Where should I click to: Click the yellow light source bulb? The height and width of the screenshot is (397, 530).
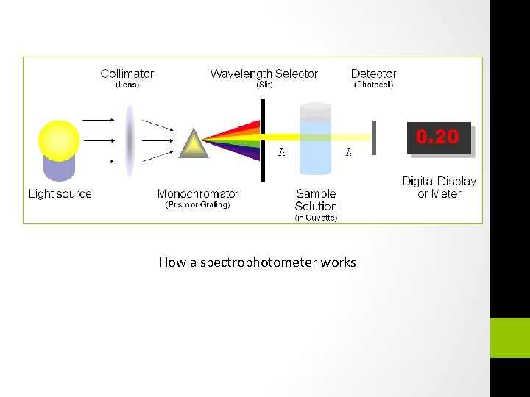click(59, 140)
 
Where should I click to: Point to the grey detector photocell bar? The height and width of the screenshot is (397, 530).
click(373, 137)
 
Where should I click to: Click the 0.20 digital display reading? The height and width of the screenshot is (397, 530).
click(438, 137)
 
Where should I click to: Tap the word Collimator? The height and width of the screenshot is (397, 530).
click(127, 74)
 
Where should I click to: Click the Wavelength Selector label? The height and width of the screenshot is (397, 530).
click(264, 74)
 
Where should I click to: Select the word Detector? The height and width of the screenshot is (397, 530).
click(374, 74)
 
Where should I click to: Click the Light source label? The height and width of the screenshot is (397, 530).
click(60, 194)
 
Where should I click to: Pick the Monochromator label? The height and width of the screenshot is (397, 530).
click(198, 194)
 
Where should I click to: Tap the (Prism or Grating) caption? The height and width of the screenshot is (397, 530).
click(198, 205)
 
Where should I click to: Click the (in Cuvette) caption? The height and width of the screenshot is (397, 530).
click(316, 218)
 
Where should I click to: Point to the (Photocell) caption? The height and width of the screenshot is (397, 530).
click(374, 85)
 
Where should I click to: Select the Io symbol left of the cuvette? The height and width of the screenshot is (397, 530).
click(282, 153)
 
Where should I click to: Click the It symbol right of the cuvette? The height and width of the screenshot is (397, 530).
click(349, 153)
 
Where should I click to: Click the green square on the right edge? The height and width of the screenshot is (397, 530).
click(510, 337)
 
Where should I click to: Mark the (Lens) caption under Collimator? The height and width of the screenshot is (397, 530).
click(127, 85)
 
